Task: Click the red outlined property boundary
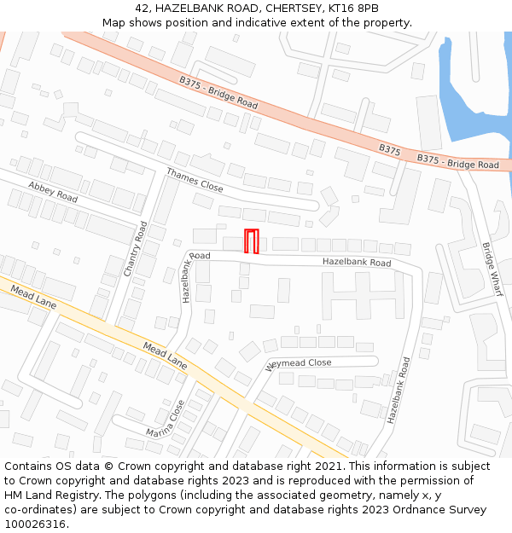[x=252, y=241]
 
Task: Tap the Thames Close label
[x=195, y=180]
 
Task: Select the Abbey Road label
[x=53, y=190]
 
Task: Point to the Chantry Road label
[x=136, y=248]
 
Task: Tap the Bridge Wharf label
[x=492, y=269]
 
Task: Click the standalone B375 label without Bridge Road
[x=390, y=149]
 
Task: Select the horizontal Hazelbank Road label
[x=357, y=263]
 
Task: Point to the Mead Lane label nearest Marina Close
[x=166, y=356]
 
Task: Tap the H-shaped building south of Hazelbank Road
[x=362, y=295]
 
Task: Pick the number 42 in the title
[x=142, y=9]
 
